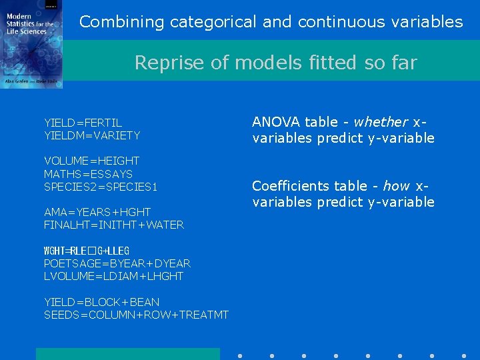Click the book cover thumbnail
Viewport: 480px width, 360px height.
[x=31, y=44]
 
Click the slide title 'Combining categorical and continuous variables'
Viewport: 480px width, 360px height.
[x=271, y=22]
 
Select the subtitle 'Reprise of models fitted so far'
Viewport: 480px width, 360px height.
[x=275, y=63]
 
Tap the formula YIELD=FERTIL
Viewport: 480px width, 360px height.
[x=83, y=123]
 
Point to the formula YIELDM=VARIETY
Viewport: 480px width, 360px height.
[x=92, y=135]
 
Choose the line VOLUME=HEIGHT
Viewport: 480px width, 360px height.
[x=91, y=161]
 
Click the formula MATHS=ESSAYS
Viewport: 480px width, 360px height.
[x=88, y=174]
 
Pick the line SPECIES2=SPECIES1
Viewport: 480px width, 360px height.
[x=100, y=187]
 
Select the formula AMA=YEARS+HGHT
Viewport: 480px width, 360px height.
[x=97, y=212]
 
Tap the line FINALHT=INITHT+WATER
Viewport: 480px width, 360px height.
[x=113, y=225]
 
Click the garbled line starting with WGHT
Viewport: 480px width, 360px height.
[x=86, y=251]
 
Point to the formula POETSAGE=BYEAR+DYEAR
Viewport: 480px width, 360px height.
[x=117, y=263]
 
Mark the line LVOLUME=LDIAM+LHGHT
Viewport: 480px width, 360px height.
[x=113, y=276]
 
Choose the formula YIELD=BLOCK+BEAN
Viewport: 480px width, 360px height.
[x=101, y=302]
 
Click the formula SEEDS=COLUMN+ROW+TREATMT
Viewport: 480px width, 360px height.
[x=136, y=315]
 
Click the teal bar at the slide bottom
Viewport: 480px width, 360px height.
[x=127, y=354]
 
